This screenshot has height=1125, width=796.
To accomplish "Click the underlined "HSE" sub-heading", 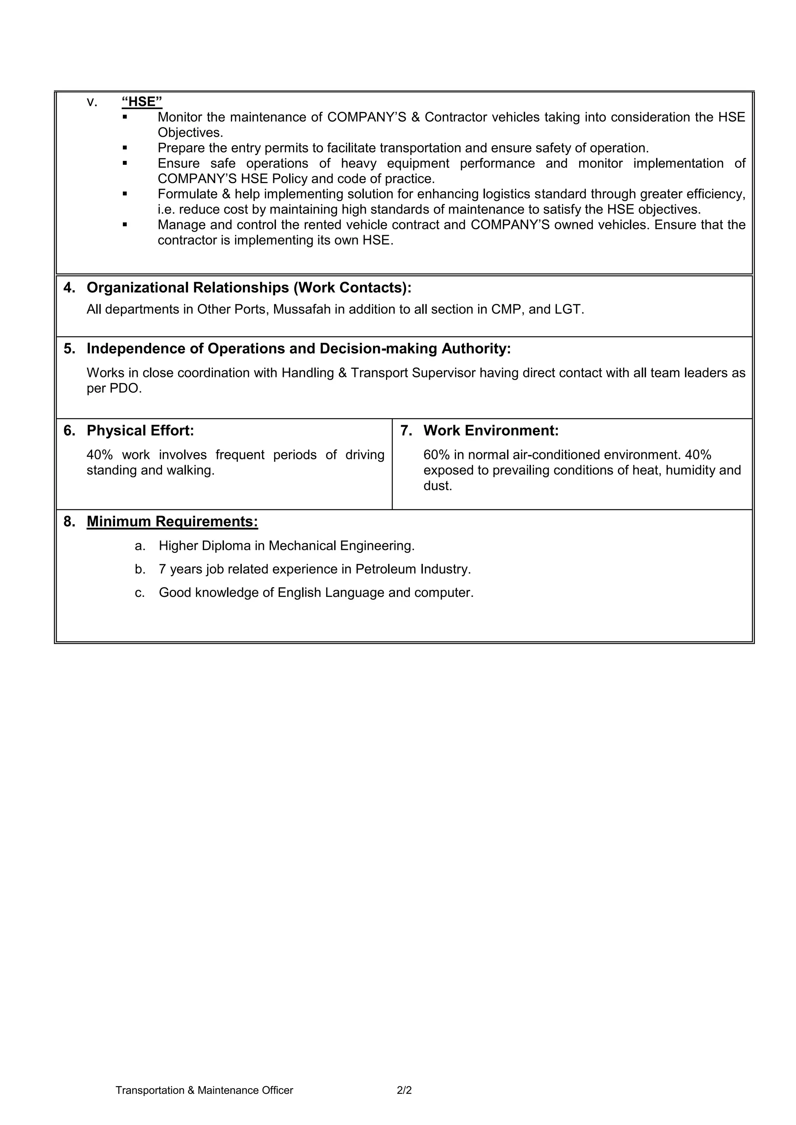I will tap(141, 101).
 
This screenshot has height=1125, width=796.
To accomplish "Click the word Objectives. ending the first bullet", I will tap(190, 133).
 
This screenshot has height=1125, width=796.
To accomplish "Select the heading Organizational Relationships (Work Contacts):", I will tap(249, 288).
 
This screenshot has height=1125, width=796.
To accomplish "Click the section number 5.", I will tap(69, 349).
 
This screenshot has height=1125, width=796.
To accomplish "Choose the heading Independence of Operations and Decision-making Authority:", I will tap(298, 349).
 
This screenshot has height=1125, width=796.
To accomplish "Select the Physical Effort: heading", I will tap(140, 431).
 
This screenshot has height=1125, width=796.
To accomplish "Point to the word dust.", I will tap(437, 486).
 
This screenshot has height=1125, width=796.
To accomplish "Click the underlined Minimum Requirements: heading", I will tap(172, 522).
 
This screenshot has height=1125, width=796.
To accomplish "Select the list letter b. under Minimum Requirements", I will tap(140, 569).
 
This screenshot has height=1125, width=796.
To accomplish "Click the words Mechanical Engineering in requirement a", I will tap(341, 546).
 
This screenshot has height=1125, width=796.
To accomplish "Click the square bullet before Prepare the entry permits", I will tap(125, 148).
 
